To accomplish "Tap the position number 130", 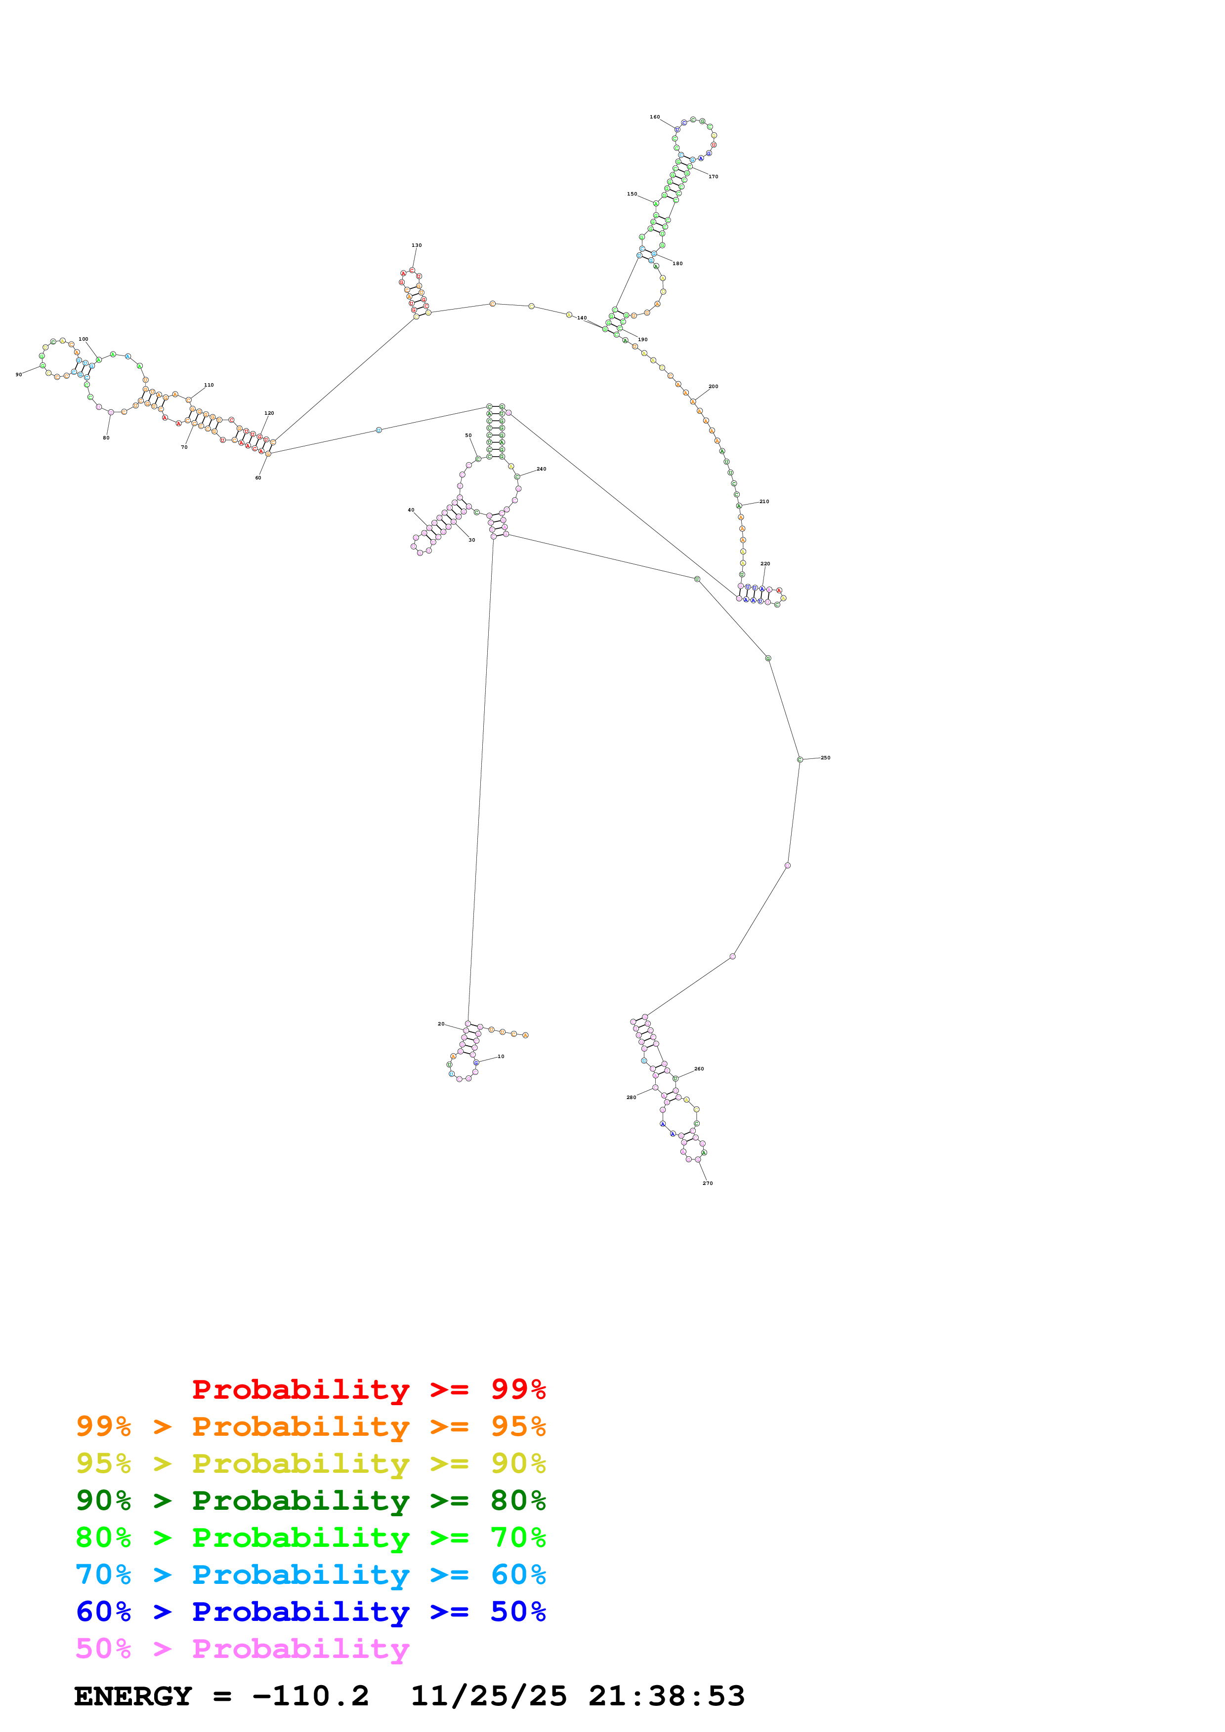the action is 417,245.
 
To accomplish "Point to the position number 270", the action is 707,1183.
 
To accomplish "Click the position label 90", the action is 19,374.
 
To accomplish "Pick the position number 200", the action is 713,386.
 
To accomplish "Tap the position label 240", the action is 541,469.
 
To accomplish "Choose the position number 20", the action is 442,1023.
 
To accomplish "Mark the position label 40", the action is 411,510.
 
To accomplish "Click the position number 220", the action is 765,563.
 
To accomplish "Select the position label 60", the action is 258,477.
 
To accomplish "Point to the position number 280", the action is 631,1097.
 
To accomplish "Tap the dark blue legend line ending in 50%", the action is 310,1612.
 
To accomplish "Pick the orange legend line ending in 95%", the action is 310,1426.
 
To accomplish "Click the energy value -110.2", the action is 310,1696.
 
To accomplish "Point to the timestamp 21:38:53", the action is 667,1696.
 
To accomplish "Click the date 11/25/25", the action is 488,1696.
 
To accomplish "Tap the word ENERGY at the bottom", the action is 133,1696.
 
